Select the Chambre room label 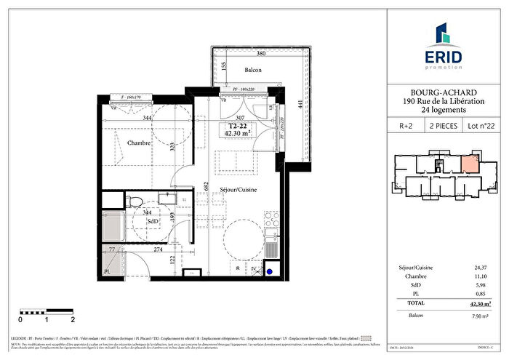138,143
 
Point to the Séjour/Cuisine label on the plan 241,189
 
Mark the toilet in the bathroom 135,201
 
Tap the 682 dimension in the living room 208,187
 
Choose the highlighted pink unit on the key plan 469,164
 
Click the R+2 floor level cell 406,125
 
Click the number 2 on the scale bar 73,319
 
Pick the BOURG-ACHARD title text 444,92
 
